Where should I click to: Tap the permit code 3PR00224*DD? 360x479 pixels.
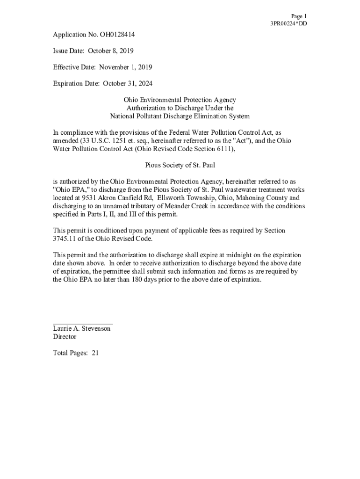288,24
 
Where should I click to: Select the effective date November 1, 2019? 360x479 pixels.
124,67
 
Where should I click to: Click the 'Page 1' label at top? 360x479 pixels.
299,16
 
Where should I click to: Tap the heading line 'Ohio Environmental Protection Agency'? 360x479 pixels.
180,100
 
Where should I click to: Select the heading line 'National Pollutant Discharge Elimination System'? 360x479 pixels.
180,116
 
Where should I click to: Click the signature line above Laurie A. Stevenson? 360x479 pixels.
82,324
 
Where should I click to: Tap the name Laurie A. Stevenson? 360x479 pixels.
82,329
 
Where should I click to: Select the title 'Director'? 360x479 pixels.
65,337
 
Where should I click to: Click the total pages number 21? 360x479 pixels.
95,354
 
